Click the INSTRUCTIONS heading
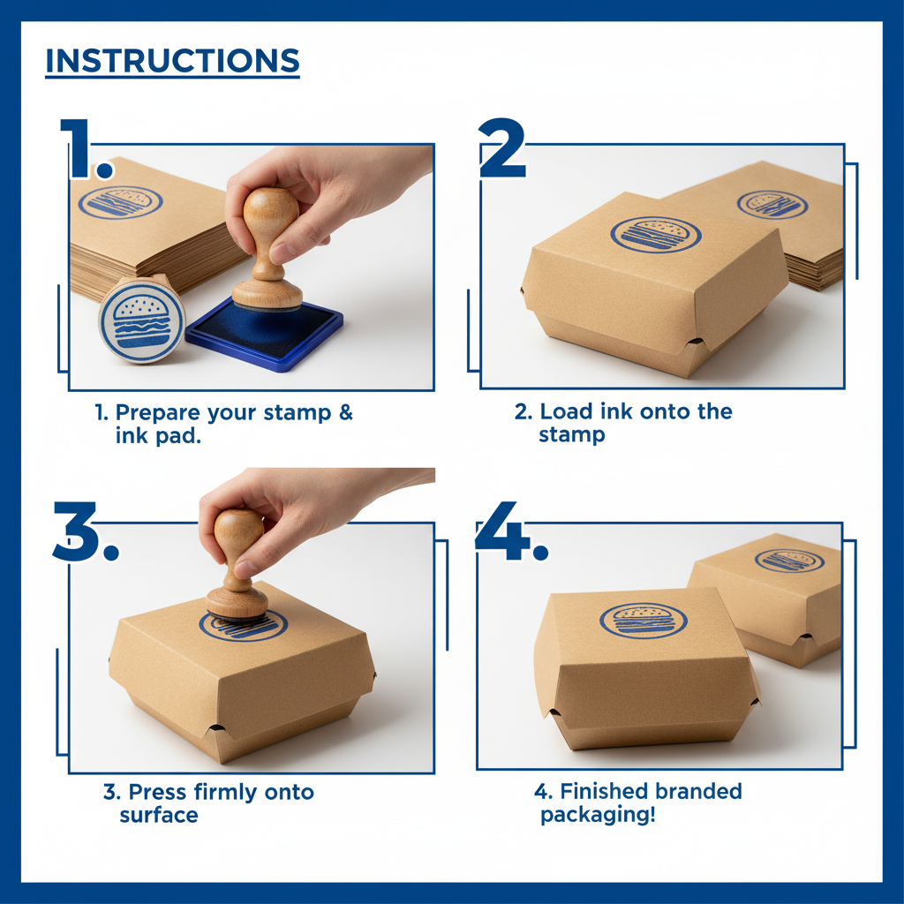[x=172, y=61]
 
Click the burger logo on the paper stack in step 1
[x=120, y=202]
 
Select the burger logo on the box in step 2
[x=655, y=234]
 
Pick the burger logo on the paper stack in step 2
[x=771, y=203]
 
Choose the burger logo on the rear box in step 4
[x=788, y=560]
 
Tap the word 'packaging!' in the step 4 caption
[x=598, y=814]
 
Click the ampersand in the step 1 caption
[x=345, y=412]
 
